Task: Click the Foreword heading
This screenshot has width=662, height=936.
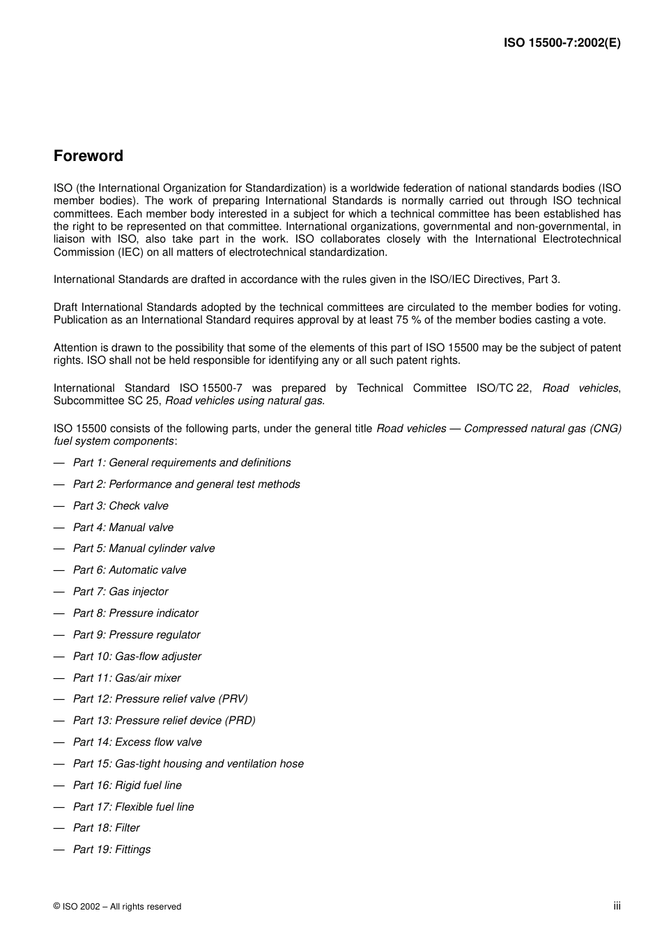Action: pyautogui.click(x=88, y=156)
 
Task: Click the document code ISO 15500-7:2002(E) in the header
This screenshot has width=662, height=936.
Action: pyautogui.click(x=562, y=43)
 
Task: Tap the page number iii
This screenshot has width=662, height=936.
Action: pyautogui.click(x=617, y=905)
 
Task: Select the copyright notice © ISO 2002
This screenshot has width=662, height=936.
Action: pyautogui.click(x=117, y=906)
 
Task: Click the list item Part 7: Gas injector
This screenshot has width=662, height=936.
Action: pyautogui.click(x=121, y=592)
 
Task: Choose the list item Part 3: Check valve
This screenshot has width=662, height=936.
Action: pyautogui.click(x=121, y=506)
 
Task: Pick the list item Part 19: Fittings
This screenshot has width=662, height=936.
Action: pyautogui.click(x=111, y=850)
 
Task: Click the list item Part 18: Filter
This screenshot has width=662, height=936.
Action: pyautogui.click(x=106, y=828)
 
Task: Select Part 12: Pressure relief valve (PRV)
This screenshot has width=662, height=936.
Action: pyautogui.click(x=160, y=699)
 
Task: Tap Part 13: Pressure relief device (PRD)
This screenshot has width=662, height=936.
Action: pyautogui.click(x=164, y=721)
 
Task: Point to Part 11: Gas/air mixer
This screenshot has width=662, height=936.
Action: pyautogui.click(x=127, y=678)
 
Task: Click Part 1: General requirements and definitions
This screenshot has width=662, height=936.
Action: pyautogui.click(x=182, y=463)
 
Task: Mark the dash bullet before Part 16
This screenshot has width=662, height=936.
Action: pyautogui.click(x=59, y=785)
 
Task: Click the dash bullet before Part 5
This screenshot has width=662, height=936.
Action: pyautogui.click(x=59, y=549)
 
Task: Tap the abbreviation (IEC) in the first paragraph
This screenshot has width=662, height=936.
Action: pyautogui.click(x=129, y=252)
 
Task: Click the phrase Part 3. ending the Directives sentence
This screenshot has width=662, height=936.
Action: pyautogui.click(x=544, y=279)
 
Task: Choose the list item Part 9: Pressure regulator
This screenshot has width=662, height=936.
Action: pyautogui.click(x=137, y=635)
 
